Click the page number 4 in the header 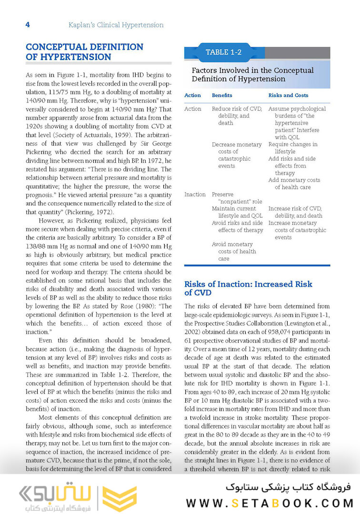(28, 25)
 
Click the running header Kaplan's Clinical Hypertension (116, 25)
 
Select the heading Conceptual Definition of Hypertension (84, 52)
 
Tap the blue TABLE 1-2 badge (224, 52)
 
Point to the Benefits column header (222, 95)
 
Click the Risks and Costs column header (288, 95)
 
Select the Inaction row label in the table (195, 194)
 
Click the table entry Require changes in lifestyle (292, 148)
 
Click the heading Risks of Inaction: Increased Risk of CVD (248, 288)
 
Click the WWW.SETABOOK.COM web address (270, 503)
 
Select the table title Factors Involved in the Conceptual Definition (252, 74)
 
